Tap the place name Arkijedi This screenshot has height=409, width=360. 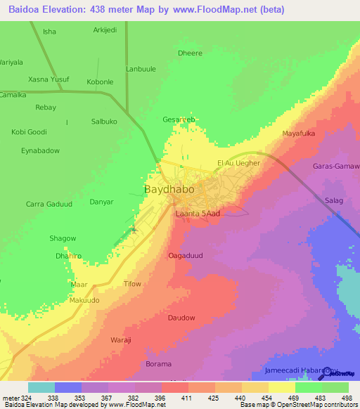106,30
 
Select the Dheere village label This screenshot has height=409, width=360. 190,53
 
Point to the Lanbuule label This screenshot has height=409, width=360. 141,69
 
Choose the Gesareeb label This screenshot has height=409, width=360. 179,119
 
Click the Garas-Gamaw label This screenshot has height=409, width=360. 335,167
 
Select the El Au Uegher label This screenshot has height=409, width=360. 238,163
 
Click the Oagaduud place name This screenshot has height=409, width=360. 186,256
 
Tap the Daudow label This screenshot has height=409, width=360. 181,318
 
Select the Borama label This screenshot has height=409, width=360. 158,364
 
